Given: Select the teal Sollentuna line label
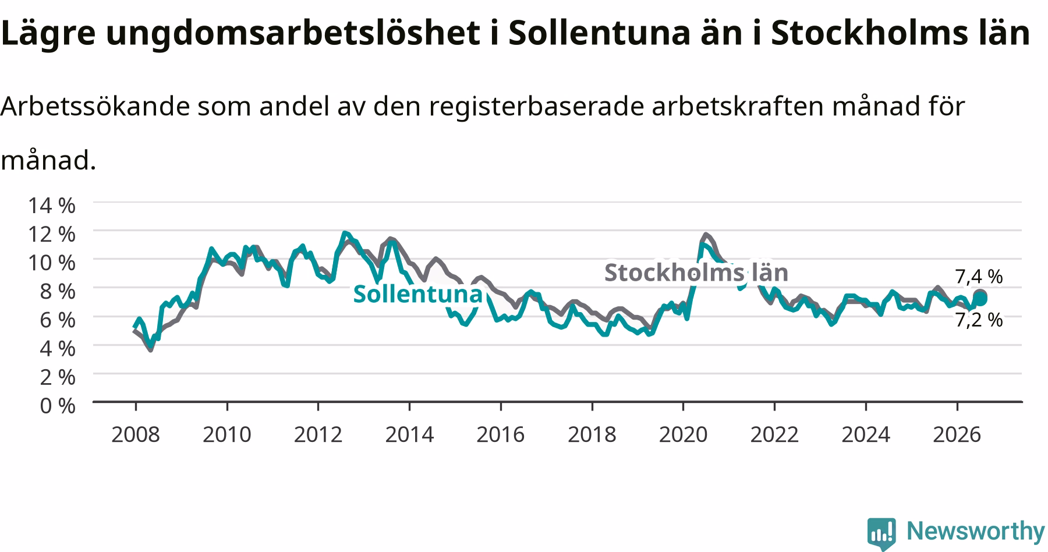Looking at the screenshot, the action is point(418,294).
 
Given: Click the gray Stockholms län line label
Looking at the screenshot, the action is point(696,273).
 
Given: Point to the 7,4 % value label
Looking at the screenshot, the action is point(979,276).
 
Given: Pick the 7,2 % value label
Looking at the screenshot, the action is point(979,319).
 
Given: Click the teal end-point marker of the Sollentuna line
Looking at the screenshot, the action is point(980,299).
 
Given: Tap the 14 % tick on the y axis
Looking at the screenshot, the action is point(52,205).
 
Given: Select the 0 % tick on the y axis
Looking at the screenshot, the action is point(58,405).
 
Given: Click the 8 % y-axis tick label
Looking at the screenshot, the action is point(58,291).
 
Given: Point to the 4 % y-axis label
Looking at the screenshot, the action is point(58,348).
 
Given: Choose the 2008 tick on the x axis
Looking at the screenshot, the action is point(136,434).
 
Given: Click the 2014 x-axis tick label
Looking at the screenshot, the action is point(409,434).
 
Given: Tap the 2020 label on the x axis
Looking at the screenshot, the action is point(683,434).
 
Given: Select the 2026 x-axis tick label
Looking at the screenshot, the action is point(957,434).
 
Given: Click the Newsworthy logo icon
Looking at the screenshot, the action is point(882,533).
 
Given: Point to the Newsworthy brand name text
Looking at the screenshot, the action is point(976,531).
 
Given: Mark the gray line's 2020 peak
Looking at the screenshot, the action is point(706,235).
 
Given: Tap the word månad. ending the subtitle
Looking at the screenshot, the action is point(48,160).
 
